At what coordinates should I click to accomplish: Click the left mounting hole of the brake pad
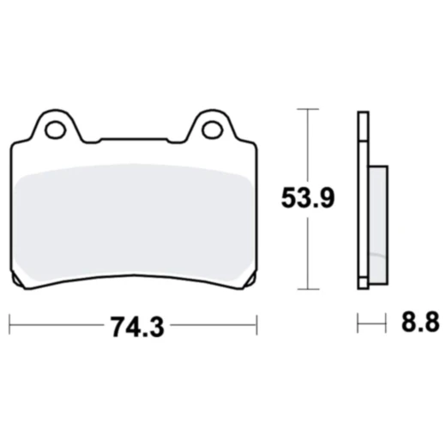56,130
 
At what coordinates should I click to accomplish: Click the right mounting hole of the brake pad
211,130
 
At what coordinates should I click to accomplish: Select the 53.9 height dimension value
306,199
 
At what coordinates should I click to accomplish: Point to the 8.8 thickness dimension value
420,325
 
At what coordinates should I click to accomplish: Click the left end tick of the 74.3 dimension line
9,325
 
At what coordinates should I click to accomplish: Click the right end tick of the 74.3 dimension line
256,325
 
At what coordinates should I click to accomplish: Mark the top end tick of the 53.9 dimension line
307,109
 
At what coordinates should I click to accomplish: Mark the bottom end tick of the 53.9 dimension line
307,290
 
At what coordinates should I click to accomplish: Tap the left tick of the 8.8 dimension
359,325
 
